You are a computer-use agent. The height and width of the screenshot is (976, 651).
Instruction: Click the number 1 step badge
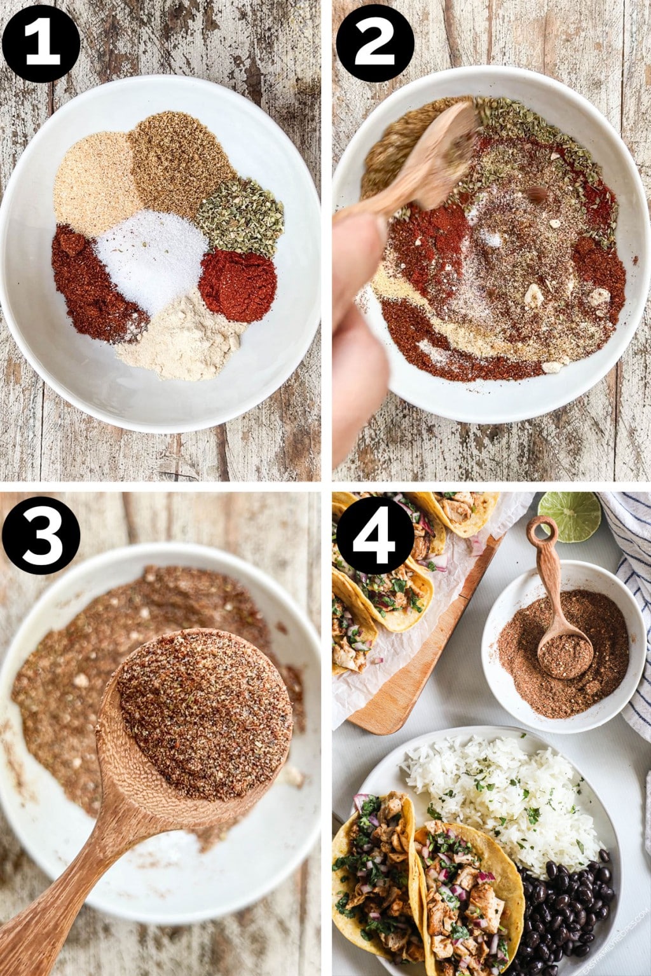click(41, 43)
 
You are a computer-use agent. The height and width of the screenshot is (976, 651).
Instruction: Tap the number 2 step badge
click(375, 43)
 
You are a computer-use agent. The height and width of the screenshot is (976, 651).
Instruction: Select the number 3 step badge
click(41, 535)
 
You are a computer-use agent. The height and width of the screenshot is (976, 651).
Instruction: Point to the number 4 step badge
click(375, 535)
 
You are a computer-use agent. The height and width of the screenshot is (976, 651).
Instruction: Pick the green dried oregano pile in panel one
click(240, 216)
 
